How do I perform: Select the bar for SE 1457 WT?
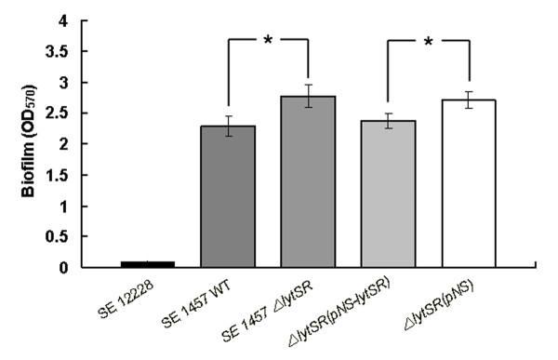tap(228, 200)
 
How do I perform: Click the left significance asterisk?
tap(268, 40)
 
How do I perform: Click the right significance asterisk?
tap(428, 40)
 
